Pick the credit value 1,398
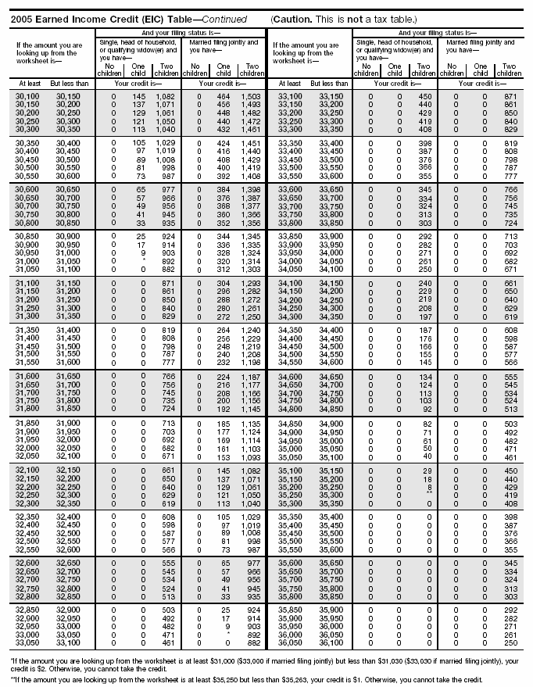250,190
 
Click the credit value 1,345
250,235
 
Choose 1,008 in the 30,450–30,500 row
166,159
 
